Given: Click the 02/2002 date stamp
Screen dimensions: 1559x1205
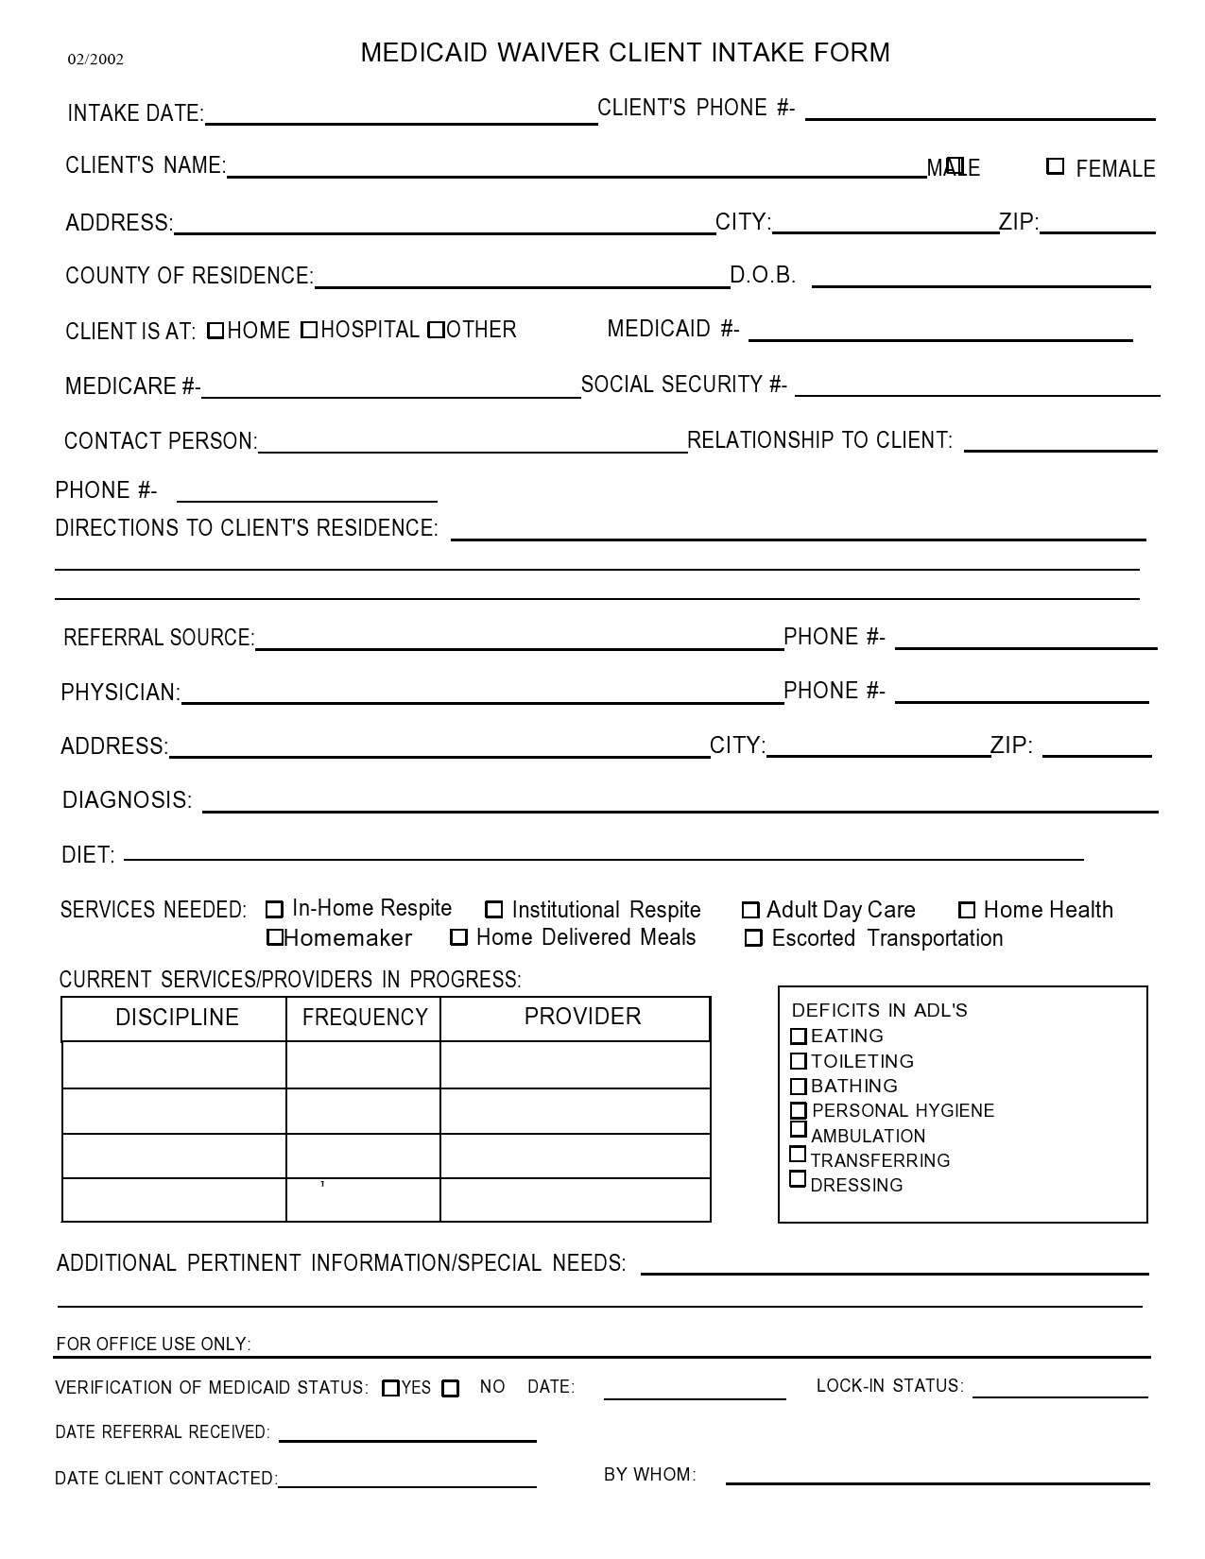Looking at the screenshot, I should point(95,60).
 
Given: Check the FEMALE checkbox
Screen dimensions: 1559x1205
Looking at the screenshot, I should point(1055,166).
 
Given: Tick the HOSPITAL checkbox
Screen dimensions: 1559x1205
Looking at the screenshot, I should point(309,330).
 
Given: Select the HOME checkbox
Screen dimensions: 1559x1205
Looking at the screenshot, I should point(215,331).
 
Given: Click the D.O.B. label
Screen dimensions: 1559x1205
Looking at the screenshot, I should point(763,275).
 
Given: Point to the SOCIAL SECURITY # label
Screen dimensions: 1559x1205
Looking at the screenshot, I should point(683,385).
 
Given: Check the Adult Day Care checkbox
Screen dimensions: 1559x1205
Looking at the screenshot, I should point(750,910).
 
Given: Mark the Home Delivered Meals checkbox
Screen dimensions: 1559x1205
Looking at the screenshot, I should point(459,937).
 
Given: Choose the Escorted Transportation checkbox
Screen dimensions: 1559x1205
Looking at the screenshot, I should point(753,938).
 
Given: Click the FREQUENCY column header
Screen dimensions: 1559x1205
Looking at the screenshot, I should point(365,1018).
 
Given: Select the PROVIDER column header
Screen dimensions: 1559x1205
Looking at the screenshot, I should point(582,1017).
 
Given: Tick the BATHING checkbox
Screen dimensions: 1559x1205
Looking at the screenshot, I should point(799,1087).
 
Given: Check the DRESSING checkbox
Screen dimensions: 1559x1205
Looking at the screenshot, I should point(798,1179).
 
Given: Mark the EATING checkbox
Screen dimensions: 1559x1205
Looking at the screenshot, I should point(799,1036).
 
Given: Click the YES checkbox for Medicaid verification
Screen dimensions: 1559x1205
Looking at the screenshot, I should point(390,1388).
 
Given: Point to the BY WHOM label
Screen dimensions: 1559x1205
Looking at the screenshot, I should point(649,1475).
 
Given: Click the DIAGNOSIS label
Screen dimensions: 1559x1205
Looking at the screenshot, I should point(127,800).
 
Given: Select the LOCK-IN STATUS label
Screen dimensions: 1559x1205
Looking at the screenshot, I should point(889,1386).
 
